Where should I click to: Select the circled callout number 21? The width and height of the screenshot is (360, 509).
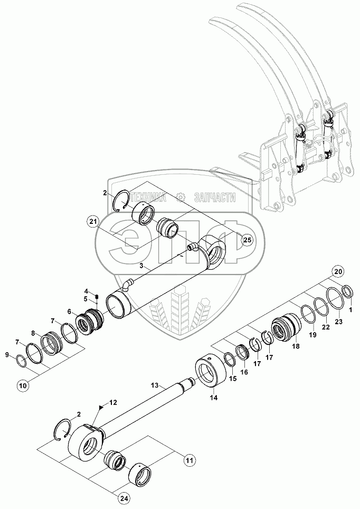click(x=93, y=222)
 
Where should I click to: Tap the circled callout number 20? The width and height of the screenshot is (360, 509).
click(x=338, y=271)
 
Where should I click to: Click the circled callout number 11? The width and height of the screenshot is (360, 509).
click(x=190, y=460)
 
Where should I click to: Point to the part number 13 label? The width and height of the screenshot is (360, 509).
click(x=155, y=385)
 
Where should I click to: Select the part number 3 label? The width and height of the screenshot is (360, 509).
click(x=141, y=266)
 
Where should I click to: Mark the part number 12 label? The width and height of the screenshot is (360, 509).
click(x=112, y=403)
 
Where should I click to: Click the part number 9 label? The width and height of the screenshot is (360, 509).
click(x=7, y=355)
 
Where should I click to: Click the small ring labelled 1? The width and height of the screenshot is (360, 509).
click(x=348, y=291)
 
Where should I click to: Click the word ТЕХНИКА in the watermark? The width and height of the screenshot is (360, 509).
click(x=148, y=197)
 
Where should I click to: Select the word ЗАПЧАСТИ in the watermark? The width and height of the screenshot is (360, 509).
click(x=214, y=197)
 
